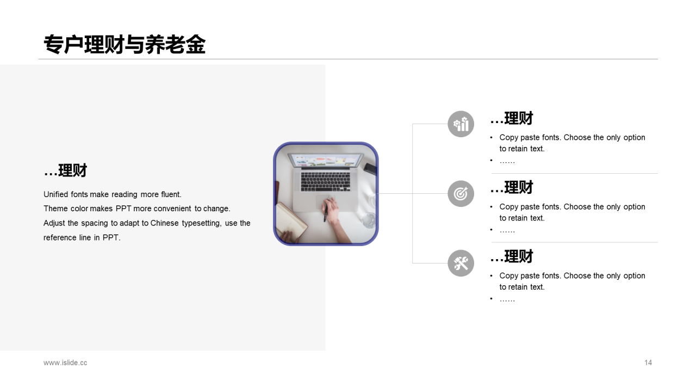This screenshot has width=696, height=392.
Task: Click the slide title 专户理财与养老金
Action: [x=125, y=45]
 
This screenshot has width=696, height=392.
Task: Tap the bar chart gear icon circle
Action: [x=461, y=124]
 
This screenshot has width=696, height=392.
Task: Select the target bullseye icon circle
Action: [x=461, y=194]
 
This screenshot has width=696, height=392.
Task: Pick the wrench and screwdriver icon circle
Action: [x=461, y=264]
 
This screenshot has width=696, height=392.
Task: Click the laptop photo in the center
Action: [x=326, y=194]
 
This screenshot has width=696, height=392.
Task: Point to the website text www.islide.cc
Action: [x=65, y=363]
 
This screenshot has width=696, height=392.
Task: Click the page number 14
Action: [x=648, y=363]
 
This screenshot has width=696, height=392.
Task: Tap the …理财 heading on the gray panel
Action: [x=65, y=171]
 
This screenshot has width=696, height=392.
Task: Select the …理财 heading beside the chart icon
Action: [x=512, y=119]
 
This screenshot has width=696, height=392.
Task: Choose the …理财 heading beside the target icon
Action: [x=512, y=188]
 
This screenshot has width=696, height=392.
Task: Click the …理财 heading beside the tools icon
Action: [x=512, y=257]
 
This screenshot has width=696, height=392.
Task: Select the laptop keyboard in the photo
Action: [x=326, y=181]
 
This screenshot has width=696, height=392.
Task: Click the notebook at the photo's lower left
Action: [x=291, y=222]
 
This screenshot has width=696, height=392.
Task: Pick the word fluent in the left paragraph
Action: [x=171, y=194]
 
